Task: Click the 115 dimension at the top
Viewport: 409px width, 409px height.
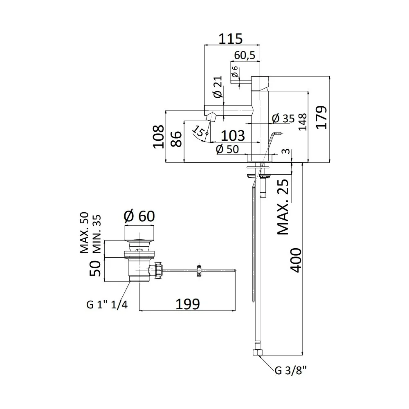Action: [x=230, y=38]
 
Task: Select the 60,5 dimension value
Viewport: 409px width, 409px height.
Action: [x=245, y=55]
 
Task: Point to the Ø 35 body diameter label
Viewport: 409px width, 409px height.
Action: [x=283, y=119]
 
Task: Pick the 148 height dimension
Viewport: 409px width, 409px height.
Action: [x=302, y=122]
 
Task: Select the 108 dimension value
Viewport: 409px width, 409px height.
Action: [x=159, y=137]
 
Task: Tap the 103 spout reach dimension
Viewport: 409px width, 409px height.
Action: [x=233, y=135]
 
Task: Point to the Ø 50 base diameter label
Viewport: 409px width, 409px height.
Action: [x=227, y=149]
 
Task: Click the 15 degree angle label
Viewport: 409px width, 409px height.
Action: [x=199, y=131]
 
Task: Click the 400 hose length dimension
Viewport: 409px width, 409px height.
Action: [x=296, y=260]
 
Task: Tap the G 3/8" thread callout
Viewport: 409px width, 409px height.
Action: [x=290, y=371]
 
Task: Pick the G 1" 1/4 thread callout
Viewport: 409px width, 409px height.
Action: [x=107, y=304]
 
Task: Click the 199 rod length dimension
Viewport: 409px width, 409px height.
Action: [x=188, y=304]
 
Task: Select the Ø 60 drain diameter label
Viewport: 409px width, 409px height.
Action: [x=139, y=216]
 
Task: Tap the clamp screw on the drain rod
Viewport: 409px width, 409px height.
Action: [x=199, y=270]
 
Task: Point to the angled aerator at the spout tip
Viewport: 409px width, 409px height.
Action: [x=211, y=117]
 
